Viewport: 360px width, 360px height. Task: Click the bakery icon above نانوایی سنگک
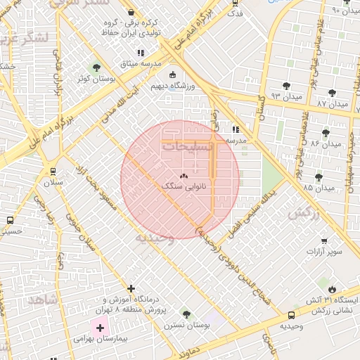(184, 176)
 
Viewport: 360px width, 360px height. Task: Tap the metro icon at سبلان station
(53, 171)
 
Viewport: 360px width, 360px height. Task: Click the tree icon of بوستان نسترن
(187, 314)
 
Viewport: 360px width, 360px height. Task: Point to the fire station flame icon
(332, 289)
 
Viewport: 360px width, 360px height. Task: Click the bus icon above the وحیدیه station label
(291, 316)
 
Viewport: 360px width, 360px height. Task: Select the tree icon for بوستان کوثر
(96, 67)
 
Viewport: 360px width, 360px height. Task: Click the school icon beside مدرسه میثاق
(141, 53)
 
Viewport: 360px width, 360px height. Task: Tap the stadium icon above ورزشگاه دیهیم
(173, 75)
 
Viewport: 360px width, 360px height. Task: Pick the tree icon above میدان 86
(326, 132)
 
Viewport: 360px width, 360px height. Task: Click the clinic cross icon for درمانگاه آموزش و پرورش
(131, 288)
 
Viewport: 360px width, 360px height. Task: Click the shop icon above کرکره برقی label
(133, 12)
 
